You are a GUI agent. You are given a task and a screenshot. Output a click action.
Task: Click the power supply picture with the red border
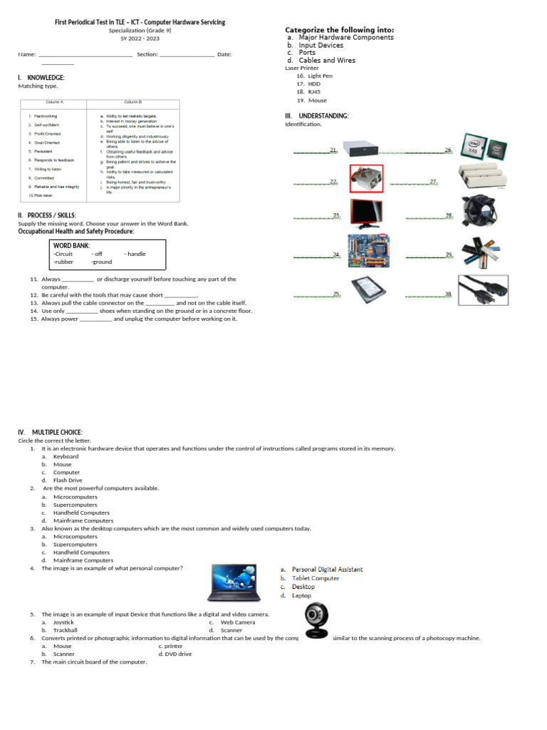pos(367,178)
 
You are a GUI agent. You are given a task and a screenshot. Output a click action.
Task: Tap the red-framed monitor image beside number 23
pos(367,213)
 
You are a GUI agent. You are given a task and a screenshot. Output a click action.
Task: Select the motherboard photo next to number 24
pos(368,252)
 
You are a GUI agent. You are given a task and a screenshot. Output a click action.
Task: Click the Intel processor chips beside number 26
pos(481,147)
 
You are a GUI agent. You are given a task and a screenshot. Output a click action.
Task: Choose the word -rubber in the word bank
pos(63,262)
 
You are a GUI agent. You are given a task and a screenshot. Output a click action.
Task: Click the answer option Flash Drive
pos(68,480)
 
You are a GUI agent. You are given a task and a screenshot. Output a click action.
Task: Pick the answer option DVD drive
pos(174,654)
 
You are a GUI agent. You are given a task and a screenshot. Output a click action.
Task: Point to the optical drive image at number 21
pos(367,148)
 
